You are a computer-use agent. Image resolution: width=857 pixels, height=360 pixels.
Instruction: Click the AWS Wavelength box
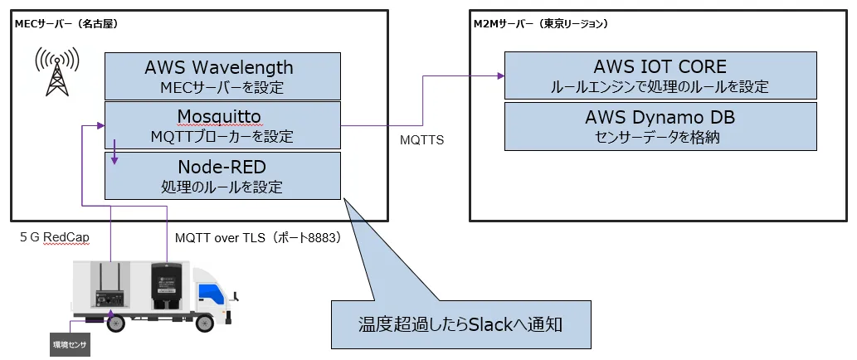tap(222, 76)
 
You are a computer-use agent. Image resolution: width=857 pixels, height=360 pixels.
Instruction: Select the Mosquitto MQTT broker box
tap(222, 125)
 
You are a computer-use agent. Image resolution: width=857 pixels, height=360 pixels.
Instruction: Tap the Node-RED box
tap(222, 176)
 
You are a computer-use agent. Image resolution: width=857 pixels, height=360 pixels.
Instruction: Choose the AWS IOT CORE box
tap(660, 75)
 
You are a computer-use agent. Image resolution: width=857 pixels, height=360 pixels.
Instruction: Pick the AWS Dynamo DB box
tap(660, 126)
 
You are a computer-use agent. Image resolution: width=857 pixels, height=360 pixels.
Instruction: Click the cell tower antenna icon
tap(56, 71)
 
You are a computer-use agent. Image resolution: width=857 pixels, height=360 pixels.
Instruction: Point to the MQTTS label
tap(422, 140)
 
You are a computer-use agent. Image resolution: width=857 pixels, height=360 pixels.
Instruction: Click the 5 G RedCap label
tap(55, 237)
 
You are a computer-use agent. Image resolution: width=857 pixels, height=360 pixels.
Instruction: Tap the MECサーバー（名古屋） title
tap(66, 24)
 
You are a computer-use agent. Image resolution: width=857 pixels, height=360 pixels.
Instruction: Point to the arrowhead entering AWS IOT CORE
tap(500, 76)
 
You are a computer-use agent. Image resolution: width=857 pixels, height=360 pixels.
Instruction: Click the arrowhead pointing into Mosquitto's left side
tap(100, 126)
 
